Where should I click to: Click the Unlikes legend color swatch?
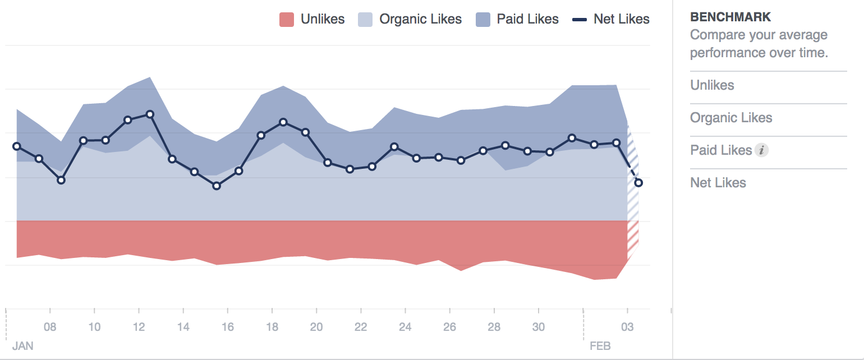[x=287, y=20]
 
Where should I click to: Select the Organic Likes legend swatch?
[x=366, y=20]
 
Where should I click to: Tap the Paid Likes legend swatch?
[x=483, y=20]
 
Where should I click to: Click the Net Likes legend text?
[x=621, y=20]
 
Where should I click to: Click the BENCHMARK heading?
[x=723, y=17]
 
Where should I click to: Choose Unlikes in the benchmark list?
[x=712, y=85]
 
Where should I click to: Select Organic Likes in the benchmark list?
[x=731, y=118]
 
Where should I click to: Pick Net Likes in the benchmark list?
[x=718, y=183]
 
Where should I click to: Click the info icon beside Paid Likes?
[x=761, y=150]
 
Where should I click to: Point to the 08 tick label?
[x=50, y=327]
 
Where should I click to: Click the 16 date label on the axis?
[x=227, y=327]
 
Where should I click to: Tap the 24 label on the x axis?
[x=405, y=327]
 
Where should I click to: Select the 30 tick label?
[x=538, y=327]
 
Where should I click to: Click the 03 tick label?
[x=627, y=327]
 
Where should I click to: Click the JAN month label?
[x=22, y=346]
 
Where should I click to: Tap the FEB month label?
[x=600, y=346]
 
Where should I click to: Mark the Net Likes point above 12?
[x=150, y=114]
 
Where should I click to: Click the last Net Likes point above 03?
[x=638, y=183]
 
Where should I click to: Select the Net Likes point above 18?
[x=283, y=122]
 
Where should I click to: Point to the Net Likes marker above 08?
[x=61, y=180]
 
